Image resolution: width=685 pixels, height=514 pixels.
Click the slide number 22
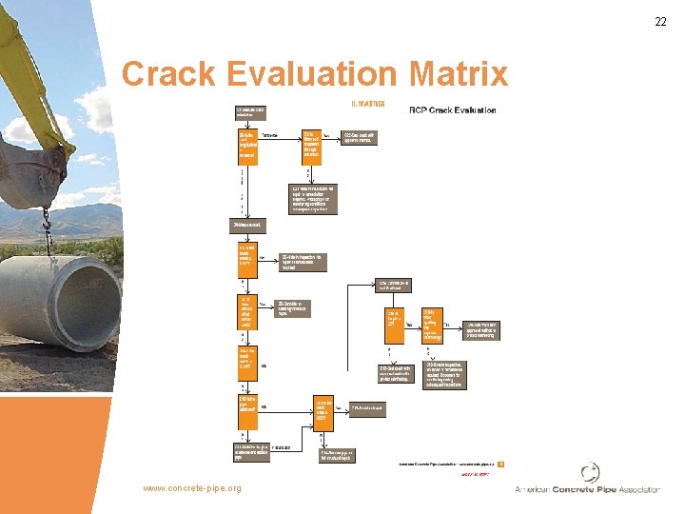(659, 22)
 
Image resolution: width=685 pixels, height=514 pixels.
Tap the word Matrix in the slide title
(460, 74)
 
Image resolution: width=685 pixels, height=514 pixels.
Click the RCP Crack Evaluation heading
(452, 110)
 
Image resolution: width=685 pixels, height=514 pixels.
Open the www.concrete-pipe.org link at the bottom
(191, 488)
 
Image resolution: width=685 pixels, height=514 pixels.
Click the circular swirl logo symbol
(591, 473)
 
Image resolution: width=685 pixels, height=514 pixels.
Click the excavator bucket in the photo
(38, 176)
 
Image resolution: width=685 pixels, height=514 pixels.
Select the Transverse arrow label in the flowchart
(270, 136)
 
